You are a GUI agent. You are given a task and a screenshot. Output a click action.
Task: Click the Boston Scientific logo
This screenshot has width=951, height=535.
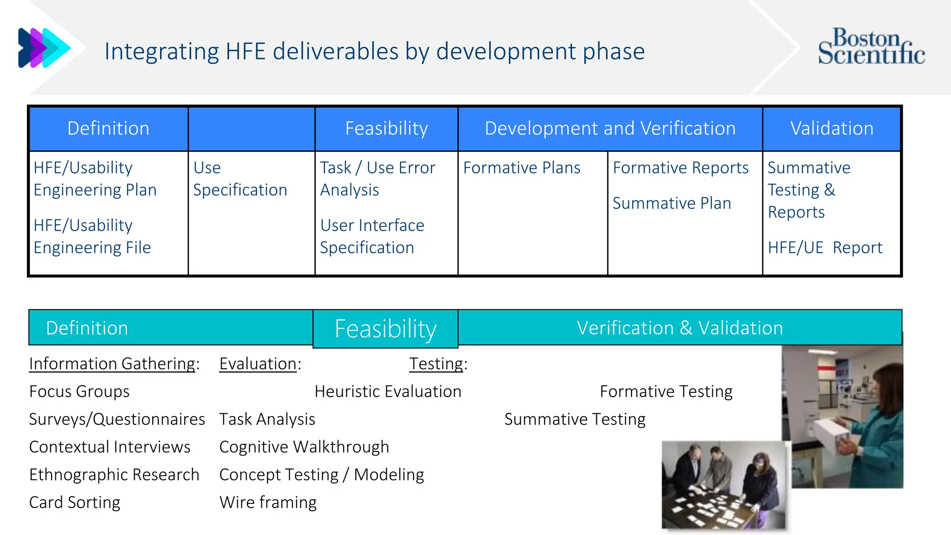871,46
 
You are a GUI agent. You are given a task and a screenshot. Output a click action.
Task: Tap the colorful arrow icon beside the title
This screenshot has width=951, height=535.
44,48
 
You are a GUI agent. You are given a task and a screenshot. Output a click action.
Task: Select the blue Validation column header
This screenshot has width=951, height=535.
832,129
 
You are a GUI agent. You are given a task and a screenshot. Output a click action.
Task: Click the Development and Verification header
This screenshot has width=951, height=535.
610,129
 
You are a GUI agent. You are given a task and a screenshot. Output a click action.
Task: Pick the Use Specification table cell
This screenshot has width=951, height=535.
240,179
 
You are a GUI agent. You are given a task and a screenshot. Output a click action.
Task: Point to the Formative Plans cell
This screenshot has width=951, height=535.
521,168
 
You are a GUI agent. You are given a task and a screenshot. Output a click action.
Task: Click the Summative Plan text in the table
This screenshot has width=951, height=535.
671,203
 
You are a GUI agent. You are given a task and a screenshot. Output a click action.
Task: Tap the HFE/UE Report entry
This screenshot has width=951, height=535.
825,248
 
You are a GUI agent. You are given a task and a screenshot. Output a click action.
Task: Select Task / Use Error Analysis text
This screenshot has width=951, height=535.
377,179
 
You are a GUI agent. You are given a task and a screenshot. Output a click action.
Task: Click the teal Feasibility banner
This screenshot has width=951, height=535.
385,329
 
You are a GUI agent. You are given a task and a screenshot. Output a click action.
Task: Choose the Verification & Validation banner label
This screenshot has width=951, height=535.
679,328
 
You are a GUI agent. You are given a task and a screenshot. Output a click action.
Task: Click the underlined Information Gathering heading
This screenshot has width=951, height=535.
112,364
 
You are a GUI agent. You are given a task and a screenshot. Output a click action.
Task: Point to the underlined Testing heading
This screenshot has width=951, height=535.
436,364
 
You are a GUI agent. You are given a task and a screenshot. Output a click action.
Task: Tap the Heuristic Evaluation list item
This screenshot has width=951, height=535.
388,391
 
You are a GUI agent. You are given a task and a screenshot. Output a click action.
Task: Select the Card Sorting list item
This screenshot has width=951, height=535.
75,502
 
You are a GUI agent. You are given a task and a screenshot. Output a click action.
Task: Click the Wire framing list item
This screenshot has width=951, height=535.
268,502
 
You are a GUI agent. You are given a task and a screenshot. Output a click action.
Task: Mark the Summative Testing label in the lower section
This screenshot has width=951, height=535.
574,419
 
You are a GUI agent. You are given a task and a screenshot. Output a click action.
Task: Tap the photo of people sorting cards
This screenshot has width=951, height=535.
724,485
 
